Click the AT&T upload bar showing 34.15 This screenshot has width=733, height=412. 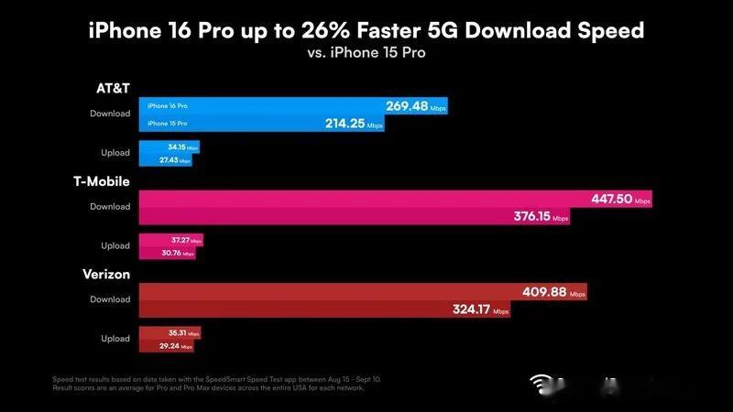[x=169, y=147]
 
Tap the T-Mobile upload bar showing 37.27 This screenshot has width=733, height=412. [x=170, y=240]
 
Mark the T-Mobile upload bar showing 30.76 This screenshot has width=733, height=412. [x=166, y=253]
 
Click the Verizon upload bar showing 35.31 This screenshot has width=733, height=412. [x=169, y=333]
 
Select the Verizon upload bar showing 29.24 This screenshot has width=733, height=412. [x=165, y=346]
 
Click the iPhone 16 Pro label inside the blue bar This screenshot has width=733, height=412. [x=168, y=106]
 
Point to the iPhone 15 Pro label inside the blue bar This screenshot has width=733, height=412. [x=168, y=123]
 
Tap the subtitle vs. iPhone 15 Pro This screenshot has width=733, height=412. [x=366, y=53]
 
